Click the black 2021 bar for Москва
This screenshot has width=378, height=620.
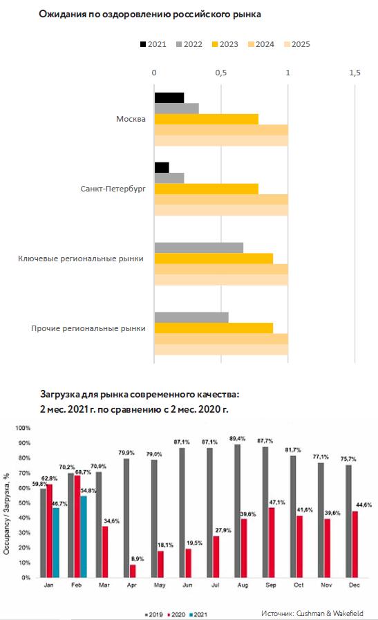point(169,97)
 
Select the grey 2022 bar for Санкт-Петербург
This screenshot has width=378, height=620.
point(169,178)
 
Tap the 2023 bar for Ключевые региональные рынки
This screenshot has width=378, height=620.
point(214,259)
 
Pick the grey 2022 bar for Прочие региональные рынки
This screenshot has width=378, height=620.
point(191,317)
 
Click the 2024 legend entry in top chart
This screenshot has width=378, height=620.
point(261,44)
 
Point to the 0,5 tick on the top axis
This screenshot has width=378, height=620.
point(221,73)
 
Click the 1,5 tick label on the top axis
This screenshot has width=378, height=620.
point(355,73)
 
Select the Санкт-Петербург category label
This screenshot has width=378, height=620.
point(113,189)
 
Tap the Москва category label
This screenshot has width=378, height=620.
point(131,119)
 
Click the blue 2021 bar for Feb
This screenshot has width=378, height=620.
point(84,536)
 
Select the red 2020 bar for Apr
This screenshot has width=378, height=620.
point(133,571)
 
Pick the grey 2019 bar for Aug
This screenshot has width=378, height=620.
point(237,511)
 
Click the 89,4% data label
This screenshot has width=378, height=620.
point(237,438)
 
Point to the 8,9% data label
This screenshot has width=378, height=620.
point(138,558)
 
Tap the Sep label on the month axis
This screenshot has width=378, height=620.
point(271,585)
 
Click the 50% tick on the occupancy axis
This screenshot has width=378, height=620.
point(24,503)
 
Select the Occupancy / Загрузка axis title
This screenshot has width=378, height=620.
point(7,514)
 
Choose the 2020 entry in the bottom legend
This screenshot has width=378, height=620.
point(176,614)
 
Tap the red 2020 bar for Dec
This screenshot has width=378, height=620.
point(355,545)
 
